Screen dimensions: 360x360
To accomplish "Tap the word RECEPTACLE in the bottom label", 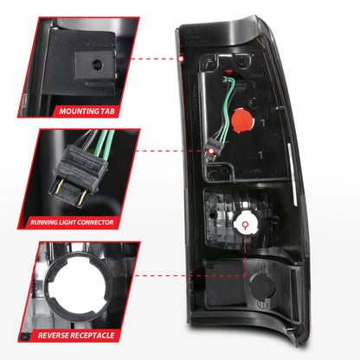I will (x=102, y=333).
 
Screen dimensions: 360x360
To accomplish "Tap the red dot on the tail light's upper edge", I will (x=182, y=60).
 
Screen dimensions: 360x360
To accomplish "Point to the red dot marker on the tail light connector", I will (x=210, y=151).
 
